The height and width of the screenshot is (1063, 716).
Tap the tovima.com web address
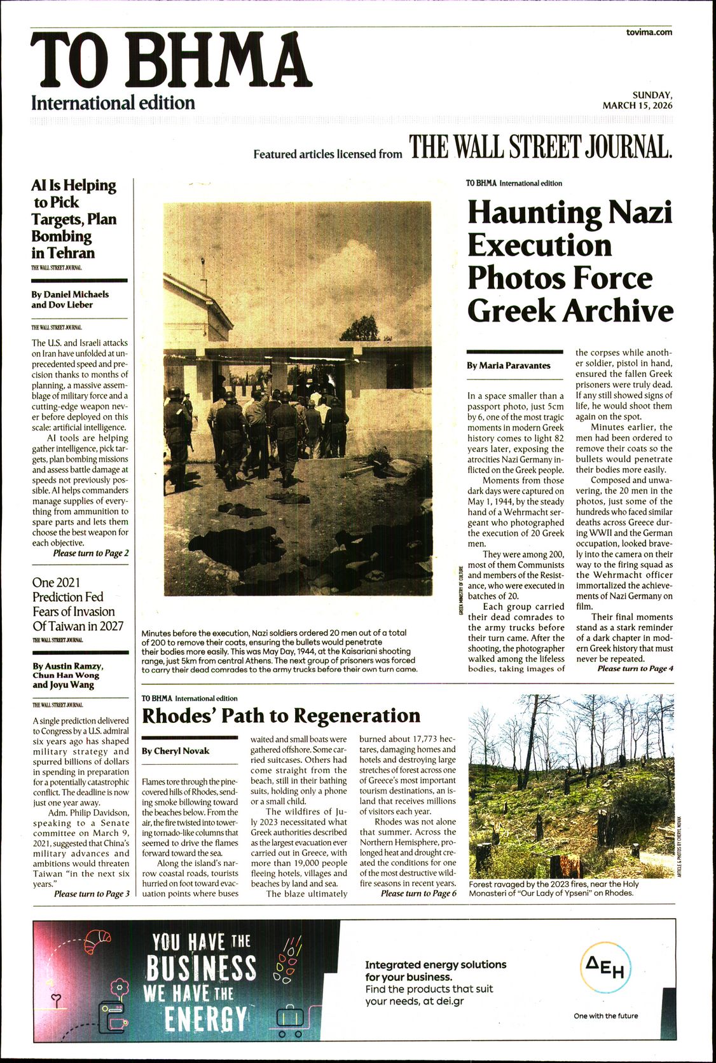(x=649, y=32)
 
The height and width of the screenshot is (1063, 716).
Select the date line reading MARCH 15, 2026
(x=637, y=106)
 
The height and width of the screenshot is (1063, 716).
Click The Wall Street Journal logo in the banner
(x=540, y=147)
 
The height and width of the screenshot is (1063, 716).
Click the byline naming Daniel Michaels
(x=70, y=294)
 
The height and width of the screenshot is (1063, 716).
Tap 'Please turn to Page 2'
(x=91, y=553)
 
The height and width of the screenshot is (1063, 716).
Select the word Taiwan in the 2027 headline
(x=61, y=626)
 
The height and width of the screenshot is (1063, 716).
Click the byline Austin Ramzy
(x=67, y=666)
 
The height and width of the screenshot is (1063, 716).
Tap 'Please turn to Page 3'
(x=92, y=894)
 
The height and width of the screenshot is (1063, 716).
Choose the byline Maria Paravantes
(x=509, y=366)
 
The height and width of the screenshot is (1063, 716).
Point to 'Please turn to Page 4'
(x=635, y=668)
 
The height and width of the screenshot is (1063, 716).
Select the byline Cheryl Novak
(x=176, y=751)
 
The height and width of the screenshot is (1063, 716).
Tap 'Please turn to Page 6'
(x=418, y=893)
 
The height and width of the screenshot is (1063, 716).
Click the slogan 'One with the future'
(x=605, y=1015)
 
